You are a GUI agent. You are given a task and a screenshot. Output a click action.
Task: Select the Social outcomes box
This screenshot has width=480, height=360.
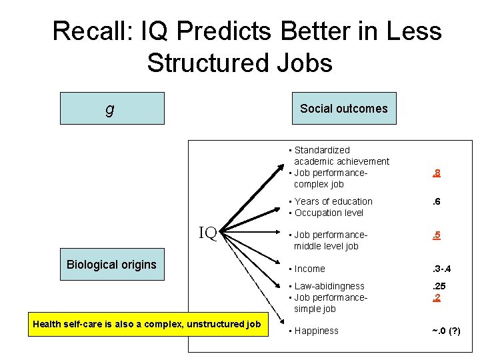tap(343, 109)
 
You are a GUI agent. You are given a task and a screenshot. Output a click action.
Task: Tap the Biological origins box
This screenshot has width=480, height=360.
tap(111, 265)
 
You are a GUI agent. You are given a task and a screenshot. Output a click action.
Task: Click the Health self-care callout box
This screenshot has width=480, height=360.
tap(147, 325)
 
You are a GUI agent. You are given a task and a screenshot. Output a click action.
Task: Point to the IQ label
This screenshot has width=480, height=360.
tap(208, 233)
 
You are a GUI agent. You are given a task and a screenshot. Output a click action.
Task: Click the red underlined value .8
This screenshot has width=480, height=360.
tap(436, 173)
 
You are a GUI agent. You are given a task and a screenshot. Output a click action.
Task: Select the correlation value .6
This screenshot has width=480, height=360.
tap(436, 201)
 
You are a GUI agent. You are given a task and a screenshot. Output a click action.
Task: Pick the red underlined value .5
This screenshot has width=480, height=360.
tap(436, 235)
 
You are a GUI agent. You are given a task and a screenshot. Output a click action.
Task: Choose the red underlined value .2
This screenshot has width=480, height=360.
tap(436, 297)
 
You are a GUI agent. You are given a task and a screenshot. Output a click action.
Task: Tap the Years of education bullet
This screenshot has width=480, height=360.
tap(333, 201)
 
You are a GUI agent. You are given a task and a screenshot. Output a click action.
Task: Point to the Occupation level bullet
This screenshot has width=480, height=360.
tap(329, 213)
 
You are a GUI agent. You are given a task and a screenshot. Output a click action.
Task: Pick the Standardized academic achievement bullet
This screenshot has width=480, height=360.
tap(340, 156)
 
